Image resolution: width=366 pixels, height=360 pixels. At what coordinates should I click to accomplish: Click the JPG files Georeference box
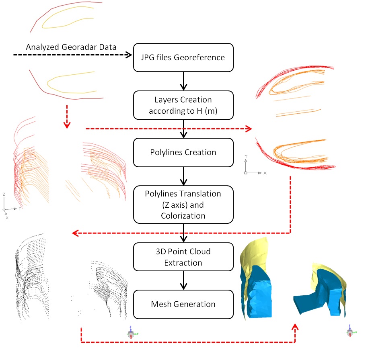[183, 57]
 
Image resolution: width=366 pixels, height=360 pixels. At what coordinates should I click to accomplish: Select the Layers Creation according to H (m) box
[183, 105]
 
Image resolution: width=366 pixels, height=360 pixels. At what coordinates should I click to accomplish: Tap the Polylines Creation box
[183, 153]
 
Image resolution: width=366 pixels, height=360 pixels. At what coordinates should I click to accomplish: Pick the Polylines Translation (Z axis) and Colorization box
[183, 205]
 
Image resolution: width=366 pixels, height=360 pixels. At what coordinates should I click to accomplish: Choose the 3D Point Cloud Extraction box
[183, 257]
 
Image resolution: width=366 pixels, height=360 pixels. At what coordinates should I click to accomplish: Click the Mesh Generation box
[183, 304]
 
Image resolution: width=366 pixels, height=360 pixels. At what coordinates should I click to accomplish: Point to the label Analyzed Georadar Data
[71, 47]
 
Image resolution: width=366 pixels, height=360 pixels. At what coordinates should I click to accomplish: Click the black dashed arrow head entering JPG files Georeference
[129, 55]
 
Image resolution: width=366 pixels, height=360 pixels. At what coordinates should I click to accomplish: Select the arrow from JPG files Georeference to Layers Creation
[184, 81]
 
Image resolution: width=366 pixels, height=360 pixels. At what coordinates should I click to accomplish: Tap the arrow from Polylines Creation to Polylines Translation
[184, 176]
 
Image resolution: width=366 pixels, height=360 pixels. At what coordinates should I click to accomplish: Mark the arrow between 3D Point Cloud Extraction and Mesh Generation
[184, 280]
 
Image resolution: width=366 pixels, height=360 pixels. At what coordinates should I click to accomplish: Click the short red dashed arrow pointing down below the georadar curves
[67, 117]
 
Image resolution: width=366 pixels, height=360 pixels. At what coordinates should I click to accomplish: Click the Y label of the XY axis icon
[246, 156]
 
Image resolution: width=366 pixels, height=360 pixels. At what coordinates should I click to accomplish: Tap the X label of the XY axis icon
[265, 173]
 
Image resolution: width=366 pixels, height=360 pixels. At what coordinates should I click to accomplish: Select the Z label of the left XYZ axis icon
[4, 194]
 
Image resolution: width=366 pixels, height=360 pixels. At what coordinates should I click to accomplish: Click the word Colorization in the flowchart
[183, 216]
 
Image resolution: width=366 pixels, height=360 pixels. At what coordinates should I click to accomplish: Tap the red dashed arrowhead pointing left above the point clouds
[75, 233]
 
